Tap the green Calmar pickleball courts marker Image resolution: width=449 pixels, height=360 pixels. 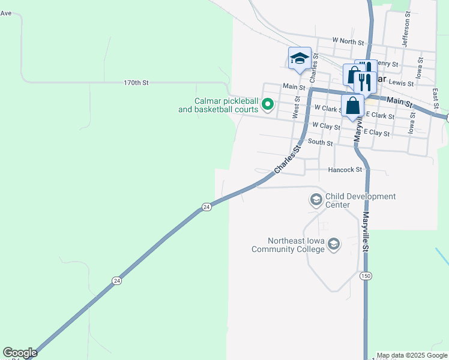268,105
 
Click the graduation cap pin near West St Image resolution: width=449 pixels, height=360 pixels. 300,58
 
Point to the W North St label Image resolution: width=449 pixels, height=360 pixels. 348,42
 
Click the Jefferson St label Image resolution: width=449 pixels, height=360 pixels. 406,29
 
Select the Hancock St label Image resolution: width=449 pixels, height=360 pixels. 345,170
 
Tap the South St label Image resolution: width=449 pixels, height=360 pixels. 320,142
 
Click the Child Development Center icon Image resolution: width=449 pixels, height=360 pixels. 316,199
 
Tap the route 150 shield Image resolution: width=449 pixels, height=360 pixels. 366,276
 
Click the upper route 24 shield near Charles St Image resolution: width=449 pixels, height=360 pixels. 206,207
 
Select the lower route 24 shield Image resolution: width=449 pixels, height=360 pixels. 116,280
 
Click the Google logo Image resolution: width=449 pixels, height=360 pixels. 20,353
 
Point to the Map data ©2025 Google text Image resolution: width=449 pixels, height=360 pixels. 412,355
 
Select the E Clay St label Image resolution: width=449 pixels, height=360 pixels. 376,132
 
